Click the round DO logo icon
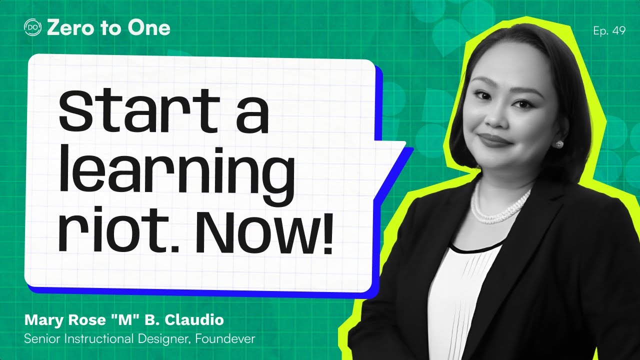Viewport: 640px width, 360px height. (x=33, y=28)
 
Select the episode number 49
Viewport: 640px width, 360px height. (x=618, y=31)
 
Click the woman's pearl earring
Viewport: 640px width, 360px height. (x=557, y=144)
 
